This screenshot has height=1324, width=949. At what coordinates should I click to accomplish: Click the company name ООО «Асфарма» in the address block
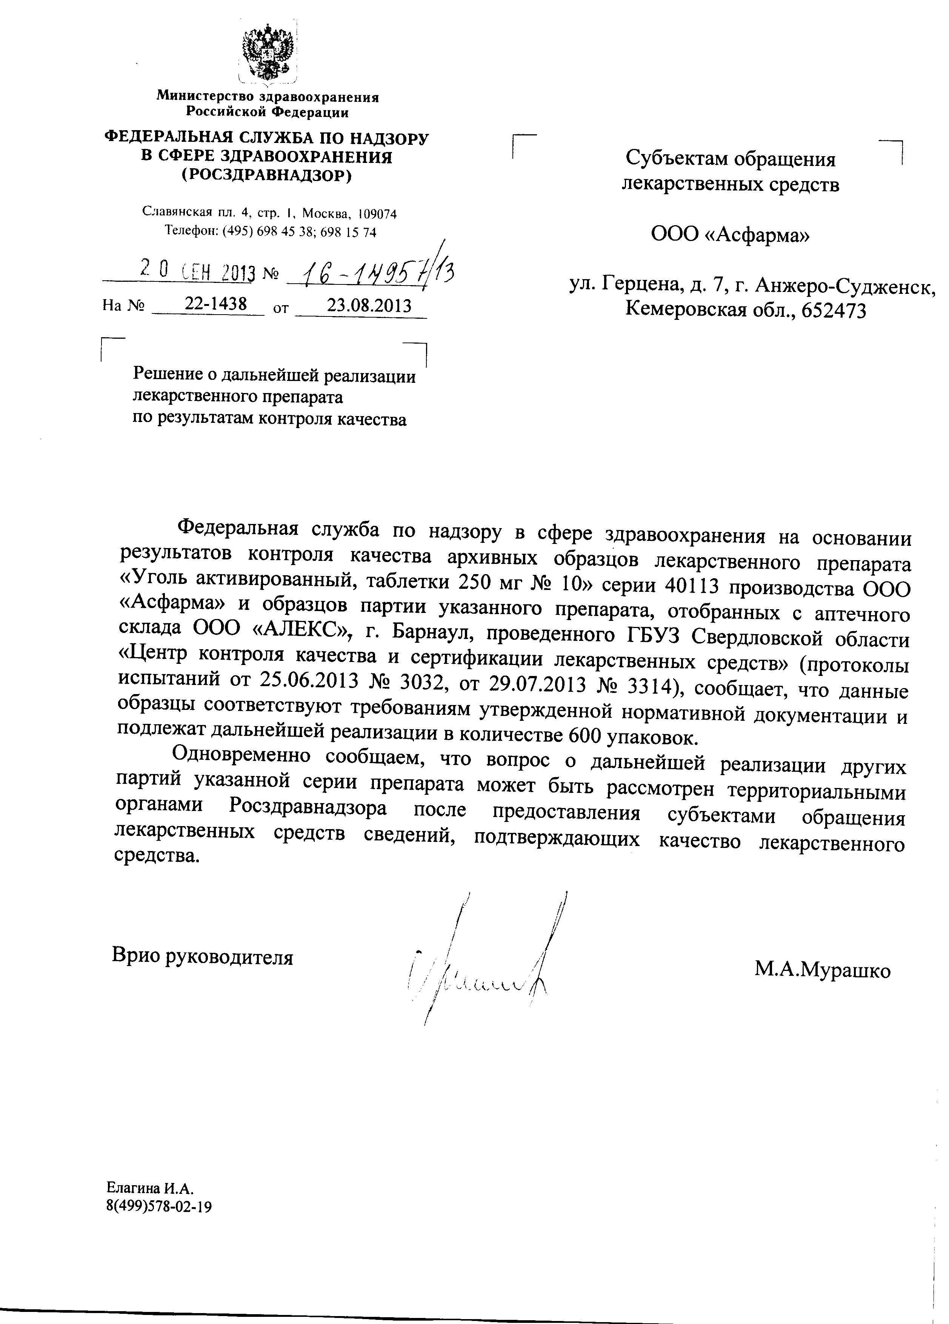[x=730, y=235]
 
